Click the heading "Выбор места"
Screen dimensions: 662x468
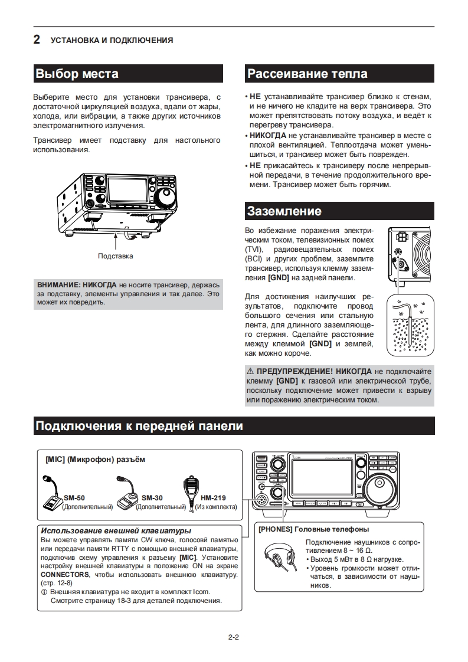tap(77, 74)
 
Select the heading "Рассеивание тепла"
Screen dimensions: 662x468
tap(307, 74)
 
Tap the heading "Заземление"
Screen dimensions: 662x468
tap(284, 211)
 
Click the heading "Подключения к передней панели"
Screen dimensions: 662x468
tap(139, 426)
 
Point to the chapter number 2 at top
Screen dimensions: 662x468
tap(37, 40)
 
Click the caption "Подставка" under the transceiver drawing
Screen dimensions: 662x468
tap(116, 256)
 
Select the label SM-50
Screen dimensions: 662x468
tap(74, 497)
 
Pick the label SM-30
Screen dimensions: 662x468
tap(152, 497)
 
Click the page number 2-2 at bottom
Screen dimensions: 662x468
tap(233, 637)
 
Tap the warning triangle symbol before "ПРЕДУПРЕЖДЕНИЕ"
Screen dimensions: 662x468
tap(250, 372)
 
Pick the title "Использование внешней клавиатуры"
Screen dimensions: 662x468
tap(116, 530)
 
